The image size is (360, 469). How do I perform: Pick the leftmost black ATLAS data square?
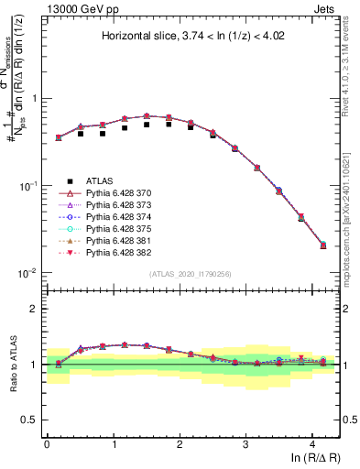click(59, 138)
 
